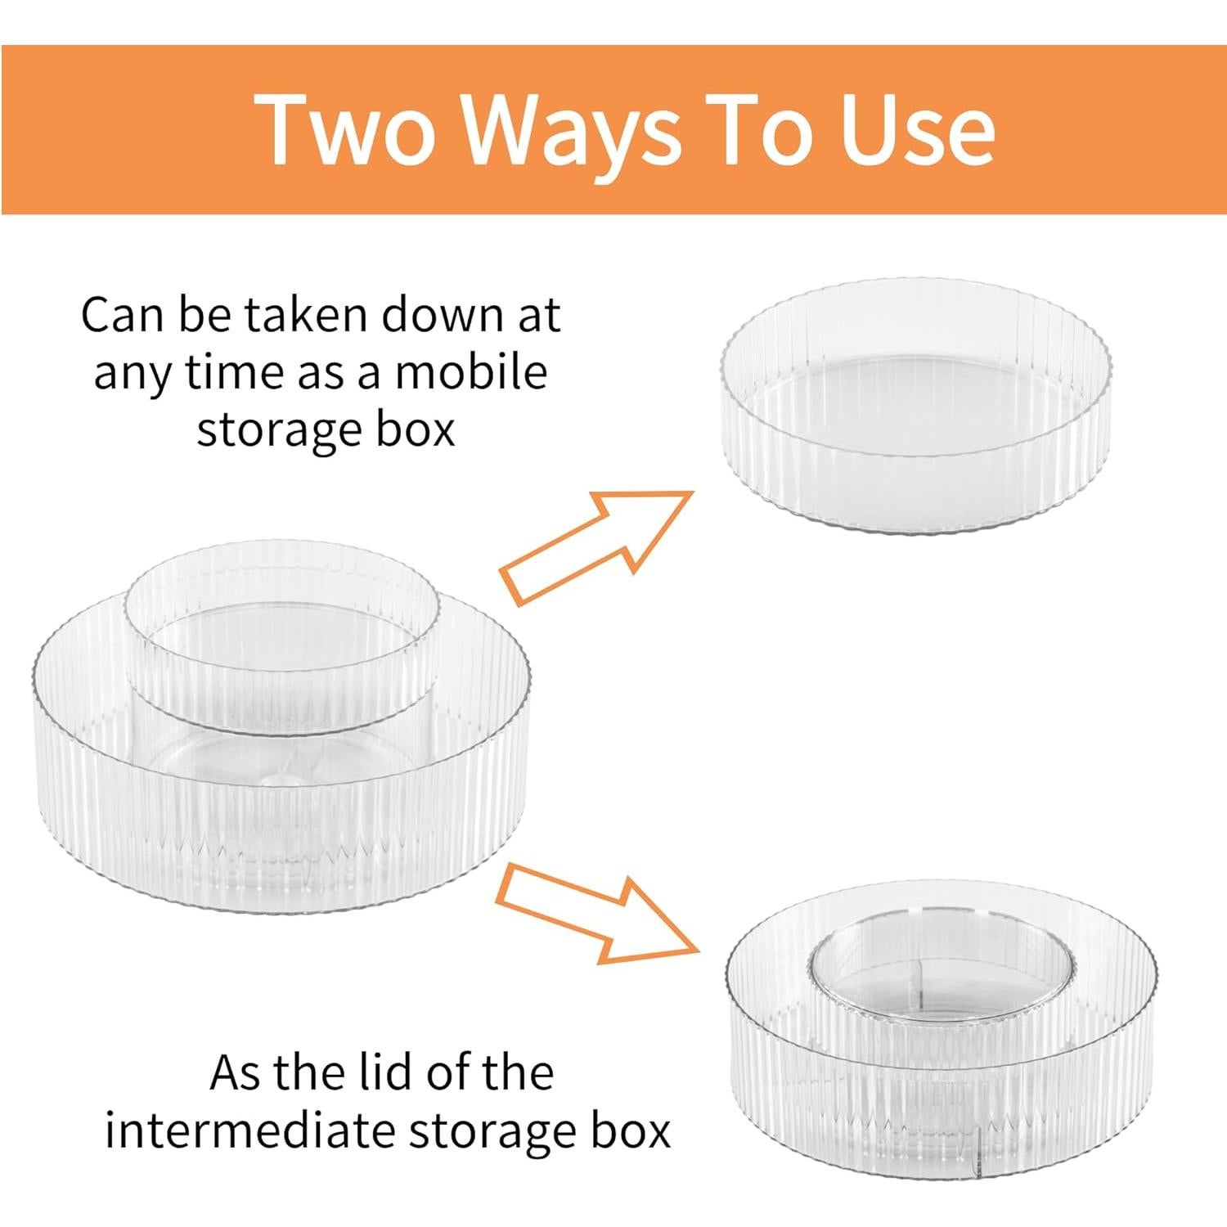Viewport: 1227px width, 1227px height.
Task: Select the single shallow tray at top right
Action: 915,405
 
